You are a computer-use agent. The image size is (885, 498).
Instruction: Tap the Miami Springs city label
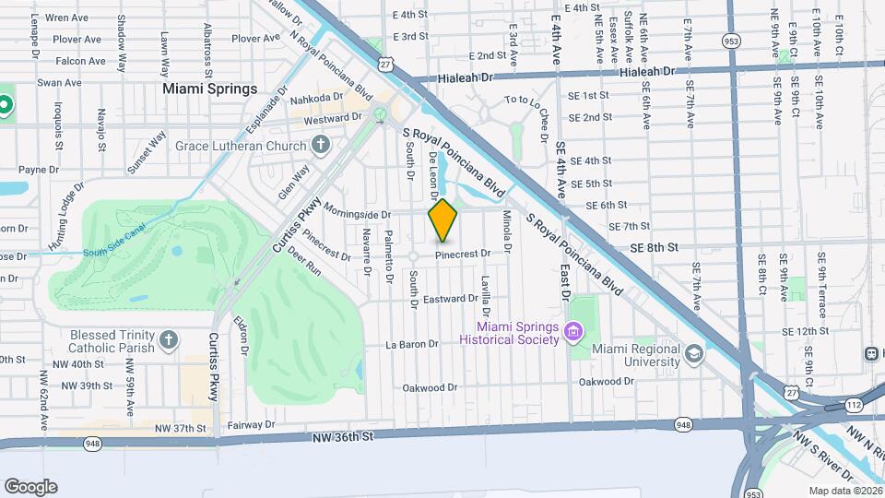coord(209,89)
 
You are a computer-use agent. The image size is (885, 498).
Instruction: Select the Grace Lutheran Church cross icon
coord(321,145)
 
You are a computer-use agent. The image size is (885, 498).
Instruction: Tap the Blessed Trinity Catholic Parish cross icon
coord(167,341)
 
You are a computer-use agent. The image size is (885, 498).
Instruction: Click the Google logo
coord(30,487)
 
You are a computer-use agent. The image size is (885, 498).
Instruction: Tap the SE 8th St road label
coord(655,247)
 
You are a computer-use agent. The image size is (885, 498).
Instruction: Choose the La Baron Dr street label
coord(411,345)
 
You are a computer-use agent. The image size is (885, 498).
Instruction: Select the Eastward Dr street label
coord(451,298)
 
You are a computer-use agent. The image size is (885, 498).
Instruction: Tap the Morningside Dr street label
coord(357,213)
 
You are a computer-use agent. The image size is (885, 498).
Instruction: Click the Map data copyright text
coord(844,490)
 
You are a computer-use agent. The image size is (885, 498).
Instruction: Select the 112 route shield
coord(855,405)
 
